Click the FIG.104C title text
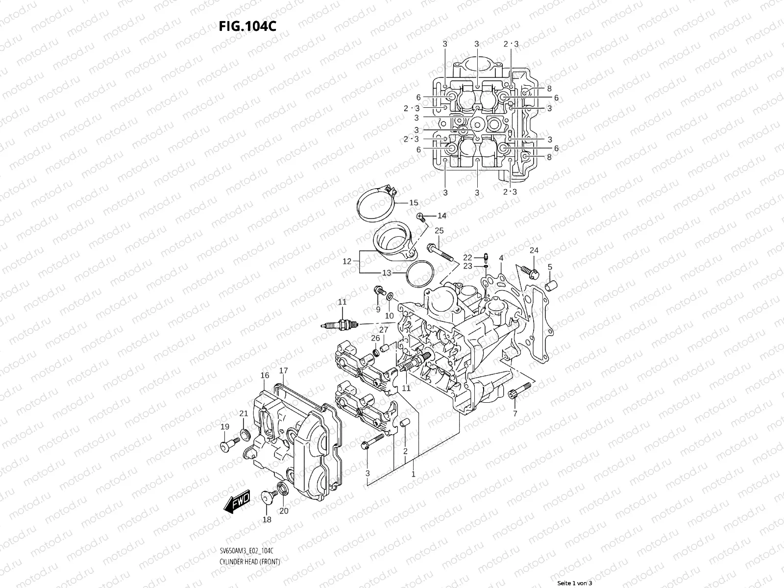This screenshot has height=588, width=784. coord(247,26)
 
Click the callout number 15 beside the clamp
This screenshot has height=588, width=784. coord(414,203)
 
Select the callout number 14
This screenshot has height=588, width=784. coord(442,216)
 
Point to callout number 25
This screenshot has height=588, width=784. coord(439,231)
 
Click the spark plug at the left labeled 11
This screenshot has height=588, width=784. coord(341,324)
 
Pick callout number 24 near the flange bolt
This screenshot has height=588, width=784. coord(534,250)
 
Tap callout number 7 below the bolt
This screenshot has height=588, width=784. coord(515,414)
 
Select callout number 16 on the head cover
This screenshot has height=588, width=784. coord(265,376)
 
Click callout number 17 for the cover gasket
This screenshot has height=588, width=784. coord(284,370)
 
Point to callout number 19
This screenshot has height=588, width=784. coord(225,427)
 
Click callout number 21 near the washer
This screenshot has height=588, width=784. coord(244,414)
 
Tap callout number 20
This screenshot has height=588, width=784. coord(284,511)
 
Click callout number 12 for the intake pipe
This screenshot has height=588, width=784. coord(347,262)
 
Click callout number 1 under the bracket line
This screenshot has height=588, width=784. coord(413,474)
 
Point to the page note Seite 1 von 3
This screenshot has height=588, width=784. coord(575,583)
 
